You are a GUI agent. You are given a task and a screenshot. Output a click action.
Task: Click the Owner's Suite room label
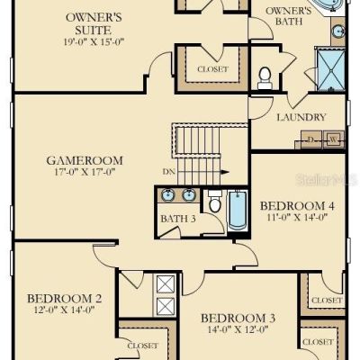(94, 23)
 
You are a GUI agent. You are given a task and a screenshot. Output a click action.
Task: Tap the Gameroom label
(85, 160)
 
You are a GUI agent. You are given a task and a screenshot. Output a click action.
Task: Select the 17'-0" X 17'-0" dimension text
(85, 172)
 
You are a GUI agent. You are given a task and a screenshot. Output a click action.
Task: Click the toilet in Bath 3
(214, 202)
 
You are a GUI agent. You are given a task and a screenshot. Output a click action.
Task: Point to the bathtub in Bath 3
(238, 211)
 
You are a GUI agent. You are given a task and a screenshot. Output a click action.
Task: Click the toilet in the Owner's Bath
(265, 78)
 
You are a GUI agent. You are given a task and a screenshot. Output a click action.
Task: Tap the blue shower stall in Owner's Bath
(331, 70)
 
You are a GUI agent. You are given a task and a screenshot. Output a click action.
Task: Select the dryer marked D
(311, 139)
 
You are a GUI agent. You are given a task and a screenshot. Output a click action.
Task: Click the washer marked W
(334, 139)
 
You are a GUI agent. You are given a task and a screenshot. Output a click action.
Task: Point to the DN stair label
(169, 172)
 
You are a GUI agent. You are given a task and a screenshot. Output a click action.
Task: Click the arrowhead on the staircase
(225, 172)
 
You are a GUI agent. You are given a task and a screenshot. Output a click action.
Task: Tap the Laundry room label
(301, 117)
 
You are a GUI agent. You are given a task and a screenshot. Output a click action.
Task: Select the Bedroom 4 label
(297, 206)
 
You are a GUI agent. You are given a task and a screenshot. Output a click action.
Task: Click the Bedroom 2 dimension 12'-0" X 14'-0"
(65, 310)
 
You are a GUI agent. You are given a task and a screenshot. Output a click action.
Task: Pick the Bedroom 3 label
(238, 318)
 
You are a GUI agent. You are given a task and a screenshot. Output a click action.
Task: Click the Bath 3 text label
(178, 219)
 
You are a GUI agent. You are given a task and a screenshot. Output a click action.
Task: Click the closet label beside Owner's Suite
(212, 69)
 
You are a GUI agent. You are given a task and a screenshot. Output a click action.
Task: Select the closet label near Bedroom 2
(142, 346)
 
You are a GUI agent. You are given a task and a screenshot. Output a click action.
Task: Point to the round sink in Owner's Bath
(338, 31)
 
